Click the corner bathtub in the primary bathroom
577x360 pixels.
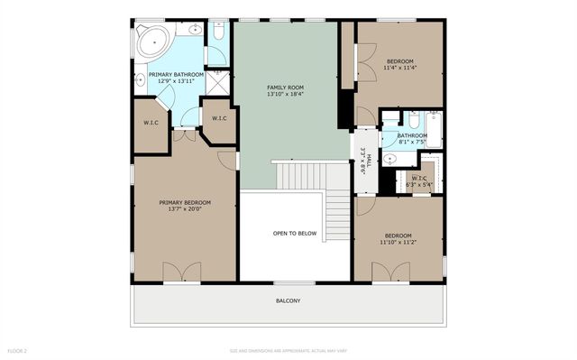[x=153, y=42]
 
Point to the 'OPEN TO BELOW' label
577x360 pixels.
[x=295, y=233]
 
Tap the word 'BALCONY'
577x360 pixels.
[x=288, y=300]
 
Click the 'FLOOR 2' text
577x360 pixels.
[x=18, y=349]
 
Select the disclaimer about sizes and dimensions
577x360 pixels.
[x=288, y=349]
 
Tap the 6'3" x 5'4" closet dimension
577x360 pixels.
[x=422, y=185]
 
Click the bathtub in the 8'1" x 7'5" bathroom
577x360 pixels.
[x=434, y=130]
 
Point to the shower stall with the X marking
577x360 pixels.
[x=217, y=83]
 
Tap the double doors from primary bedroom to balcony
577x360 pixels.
[x=183, y=272]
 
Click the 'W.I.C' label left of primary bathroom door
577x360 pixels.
[x=151, y=123]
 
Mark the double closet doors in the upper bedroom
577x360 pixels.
[x=365, y=62]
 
